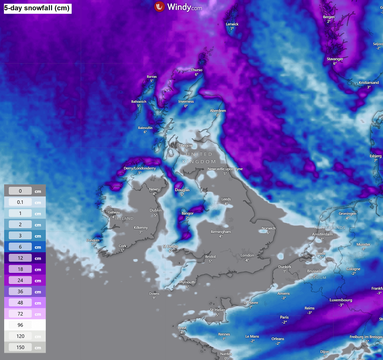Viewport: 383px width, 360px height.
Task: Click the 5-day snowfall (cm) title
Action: point(37,8)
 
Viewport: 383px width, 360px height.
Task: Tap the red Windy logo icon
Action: point(159,7)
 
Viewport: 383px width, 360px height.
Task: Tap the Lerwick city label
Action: point(232,24)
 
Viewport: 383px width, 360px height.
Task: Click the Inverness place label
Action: point(186,101)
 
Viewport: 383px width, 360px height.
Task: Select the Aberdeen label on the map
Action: point(218,111)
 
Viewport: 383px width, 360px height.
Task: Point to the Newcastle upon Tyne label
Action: point(225,169)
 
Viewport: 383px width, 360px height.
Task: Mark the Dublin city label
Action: point(155,210)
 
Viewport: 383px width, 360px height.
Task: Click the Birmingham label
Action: point(221,232)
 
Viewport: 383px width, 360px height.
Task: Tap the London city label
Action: point(247,255)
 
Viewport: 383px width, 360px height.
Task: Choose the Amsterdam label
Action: point(322,234)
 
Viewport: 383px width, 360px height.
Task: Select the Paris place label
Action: point(284,317)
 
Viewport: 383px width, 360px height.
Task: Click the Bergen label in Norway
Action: point(329,17)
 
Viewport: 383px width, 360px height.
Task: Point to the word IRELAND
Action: point(124,219)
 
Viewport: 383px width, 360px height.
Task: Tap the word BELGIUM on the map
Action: point(318,278)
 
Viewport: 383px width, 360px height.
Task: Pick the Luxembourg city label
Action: point(341,300)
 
